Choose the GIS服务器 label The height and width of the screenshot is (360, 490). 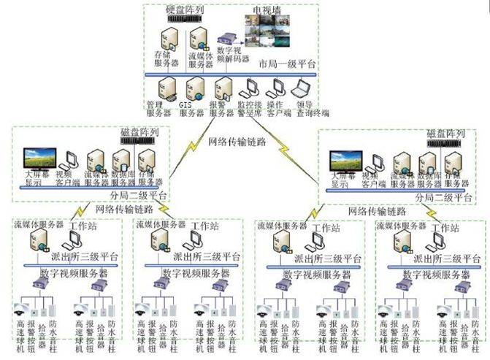coord(191,109)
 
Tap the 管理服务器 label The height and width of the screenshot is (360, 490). coord(158,109)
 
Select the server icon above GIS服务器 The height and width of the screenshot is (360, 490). coord(194,88)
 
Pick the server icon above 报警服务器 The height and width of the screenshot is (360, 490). coord(221,88)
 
